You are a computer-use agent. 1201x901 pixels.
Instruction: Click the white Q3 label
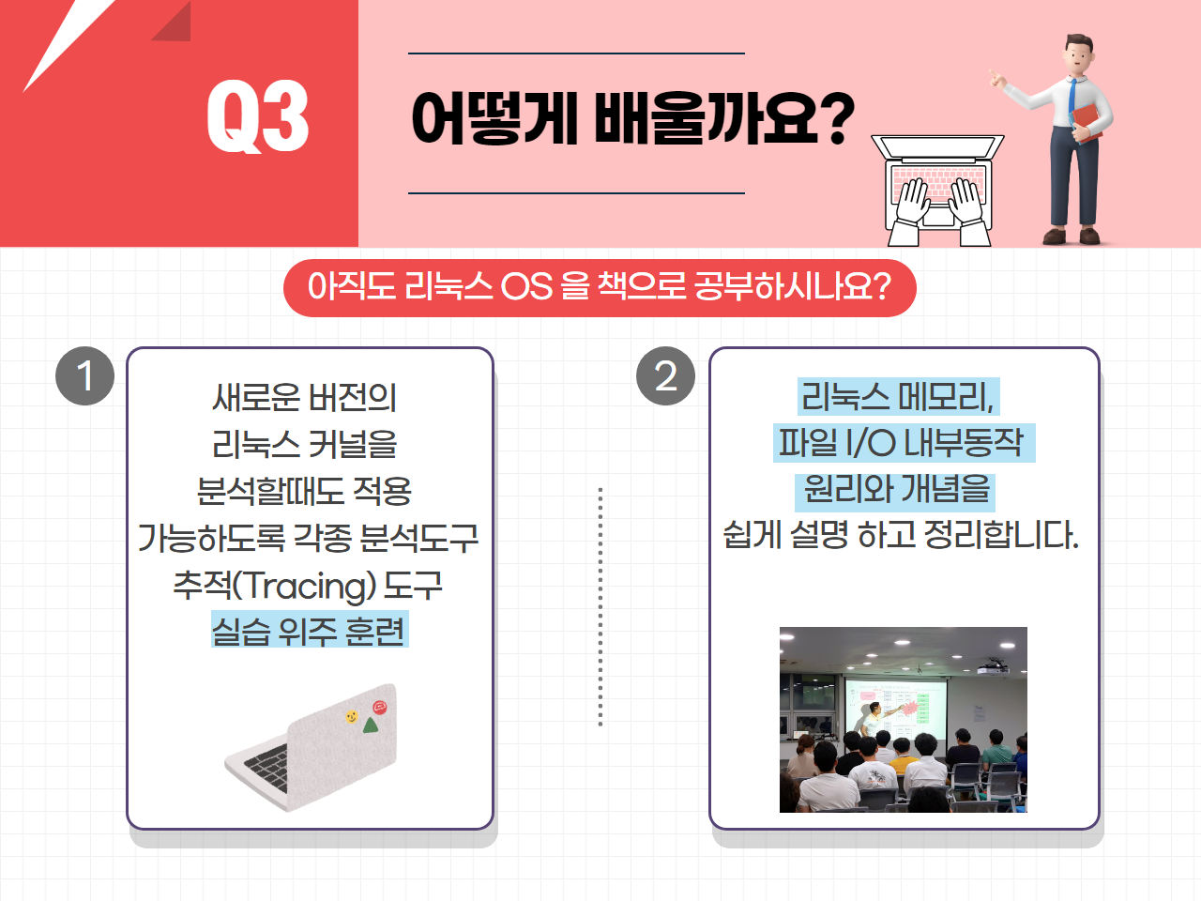(257, 116)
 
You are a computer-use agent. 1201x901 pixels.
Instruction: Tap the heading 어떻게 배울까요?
(632, 118)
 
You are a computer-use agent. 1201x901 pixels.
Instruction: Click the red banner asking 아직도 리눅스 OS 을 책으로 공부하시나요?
(600, 288)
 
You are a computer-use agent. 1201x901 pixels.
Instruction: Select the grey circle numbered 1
(84, 375)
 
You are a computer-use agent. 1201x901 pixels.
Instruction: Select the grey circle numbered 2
(665, 375)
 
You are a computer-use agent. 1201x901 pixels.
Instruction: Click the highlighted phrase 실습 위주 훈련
(310, 629)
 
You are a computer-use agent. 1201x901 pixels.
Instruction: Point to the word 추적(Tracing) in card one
(275, 586)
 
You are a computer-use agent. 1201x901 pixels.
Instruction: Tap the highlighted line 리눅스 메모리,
(899, 397)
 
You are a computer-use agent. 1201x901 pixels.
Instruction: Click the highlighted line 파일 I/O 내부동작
(904, 443)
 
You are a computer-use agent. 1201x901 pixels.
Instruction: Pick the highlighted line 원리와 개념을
(895, 490)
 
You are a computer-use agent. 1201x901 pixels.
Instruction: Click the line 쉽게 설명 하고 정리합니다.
(901, 534)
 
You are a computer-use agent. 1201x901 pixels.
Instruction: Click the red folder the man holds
(1087, 123)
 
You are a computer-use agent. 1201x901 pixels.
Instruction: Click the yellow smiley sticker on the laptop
(352, 716)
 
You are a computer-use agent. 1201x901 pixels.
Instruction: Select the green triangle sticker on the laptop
(371, 725)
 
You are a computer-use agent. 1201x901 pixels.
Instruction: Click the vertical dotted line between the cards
(600, 606)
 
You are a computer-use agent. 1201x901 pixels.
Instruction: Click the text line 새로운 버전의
(304, 397)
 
